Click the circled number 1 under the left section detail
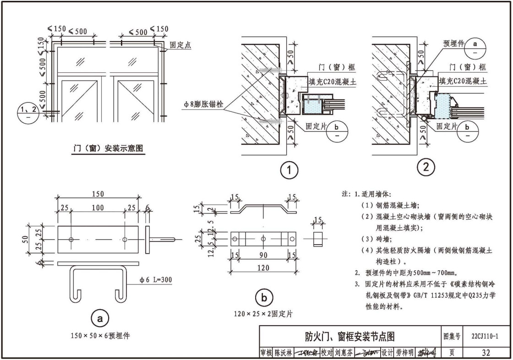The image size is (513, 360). [289, 170]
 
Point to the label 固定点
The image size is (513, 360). [180, 45]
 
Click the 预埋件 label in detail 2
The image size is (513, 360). [453, 44]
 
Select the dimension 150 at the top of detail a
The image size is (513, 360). [97, 194]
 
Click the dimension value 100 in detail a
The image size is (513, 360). [98, 208]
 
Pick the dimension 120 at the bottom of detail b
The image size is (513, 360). [263, 268]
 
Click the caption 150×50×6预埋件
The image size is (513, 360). [100, 336]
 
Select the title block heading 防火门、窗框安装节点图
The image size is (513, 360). [350, 337]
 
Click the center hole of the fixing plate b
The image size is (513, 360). [263, 239]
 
